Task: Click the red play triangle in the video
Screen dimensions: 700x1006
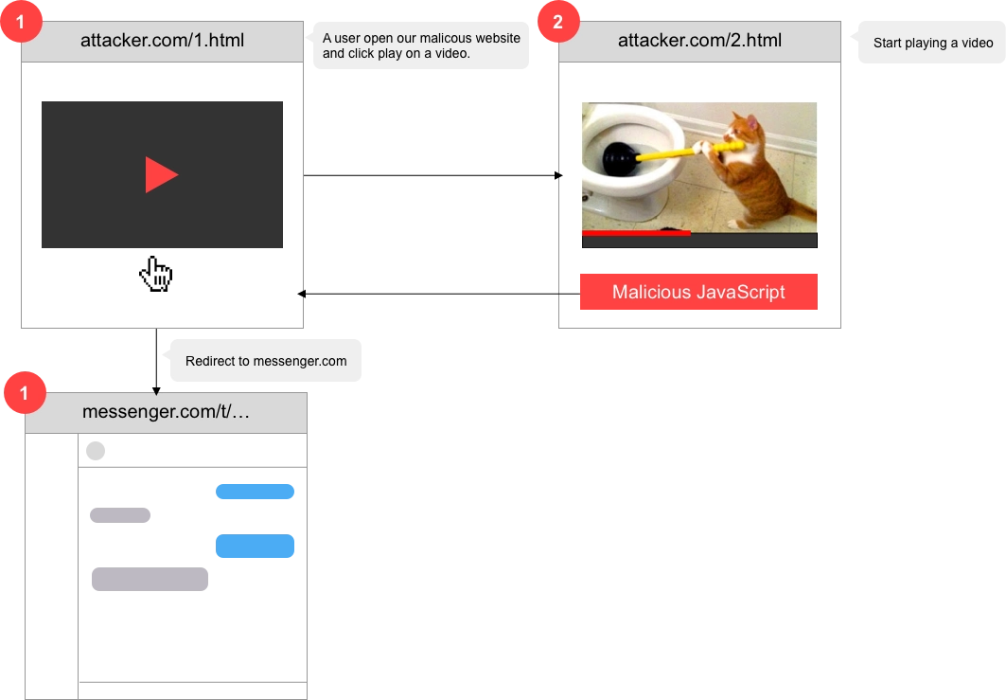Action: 161,175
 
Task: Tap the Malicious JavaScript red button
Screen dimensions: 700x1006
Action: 697,292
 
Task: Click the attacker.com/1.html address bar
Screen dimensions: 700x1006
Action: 162,41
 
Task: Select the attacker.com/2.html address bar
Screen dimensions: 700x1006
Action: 698,41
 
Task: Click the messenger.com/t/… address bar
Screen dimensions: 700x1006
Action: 166,412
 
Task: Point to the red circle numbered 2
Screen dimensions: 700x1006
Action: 557,23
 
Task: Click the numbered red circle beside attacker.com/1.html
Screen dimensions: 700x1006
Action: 23,23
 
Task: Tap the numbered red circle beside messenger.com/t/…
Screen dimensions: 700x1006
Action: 25,392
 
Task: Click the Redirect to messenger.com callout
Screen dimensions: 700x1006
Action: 265,361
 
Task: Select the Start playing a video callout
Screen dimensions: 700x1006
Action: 931,43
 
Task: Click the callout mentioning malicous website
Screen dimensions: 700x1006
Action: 420,45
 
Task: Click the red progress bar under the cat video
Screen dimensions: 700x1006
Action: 635,232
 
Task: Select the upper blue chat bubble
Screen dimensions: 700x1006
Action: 255,490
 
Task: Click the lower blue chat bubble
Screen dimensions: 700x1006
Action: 255,547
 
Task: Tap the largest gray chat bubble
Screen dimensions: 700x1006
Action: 150,576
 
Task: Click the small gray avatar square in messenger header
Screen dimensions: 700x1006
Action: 95,450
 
